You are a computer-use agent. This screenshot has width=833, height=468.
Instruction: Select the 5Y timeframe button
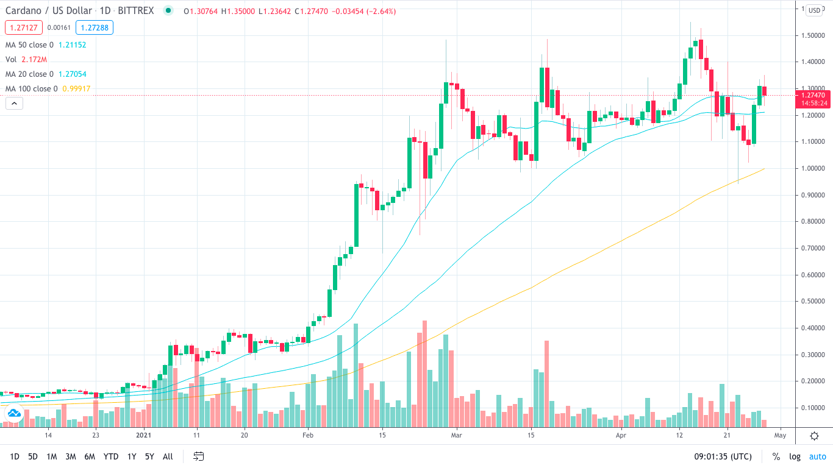149,456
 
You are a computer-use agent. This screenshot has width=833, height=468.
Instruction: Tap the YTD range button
111,456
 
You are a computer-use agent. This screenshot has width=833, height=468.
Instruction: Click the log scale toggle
795,456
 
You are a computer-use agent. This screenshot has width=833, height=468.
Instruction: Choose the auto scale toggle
817,456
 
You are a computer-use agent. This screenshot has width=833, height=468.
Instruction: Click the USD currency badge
815,10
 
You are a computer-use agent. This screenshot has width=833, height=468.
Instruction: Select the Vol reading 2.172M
34,60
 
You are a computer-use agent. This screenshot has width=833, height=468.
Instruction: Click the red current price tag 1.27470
813,96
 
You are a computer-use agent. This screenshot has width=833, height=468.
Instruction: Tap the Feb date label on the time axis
307,436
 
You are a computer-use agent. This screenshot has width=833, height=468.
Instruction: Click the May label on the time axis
780,436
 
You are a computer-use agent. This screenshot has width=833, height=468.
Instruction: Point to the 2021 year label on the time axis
143,436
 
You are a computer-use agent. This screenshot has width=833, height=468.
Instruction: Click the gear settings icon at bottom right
814,436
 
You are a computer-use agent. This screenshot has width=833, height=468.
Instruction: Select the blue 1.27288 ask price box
95,27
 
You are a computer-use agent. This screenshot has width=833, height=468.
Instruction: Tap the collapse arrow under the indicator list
14,104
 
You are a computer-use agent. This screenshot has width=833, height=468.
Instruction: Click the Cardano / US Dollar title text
49,11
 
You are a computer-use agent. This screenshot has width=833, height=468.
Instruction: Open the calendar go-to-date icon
198,456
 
